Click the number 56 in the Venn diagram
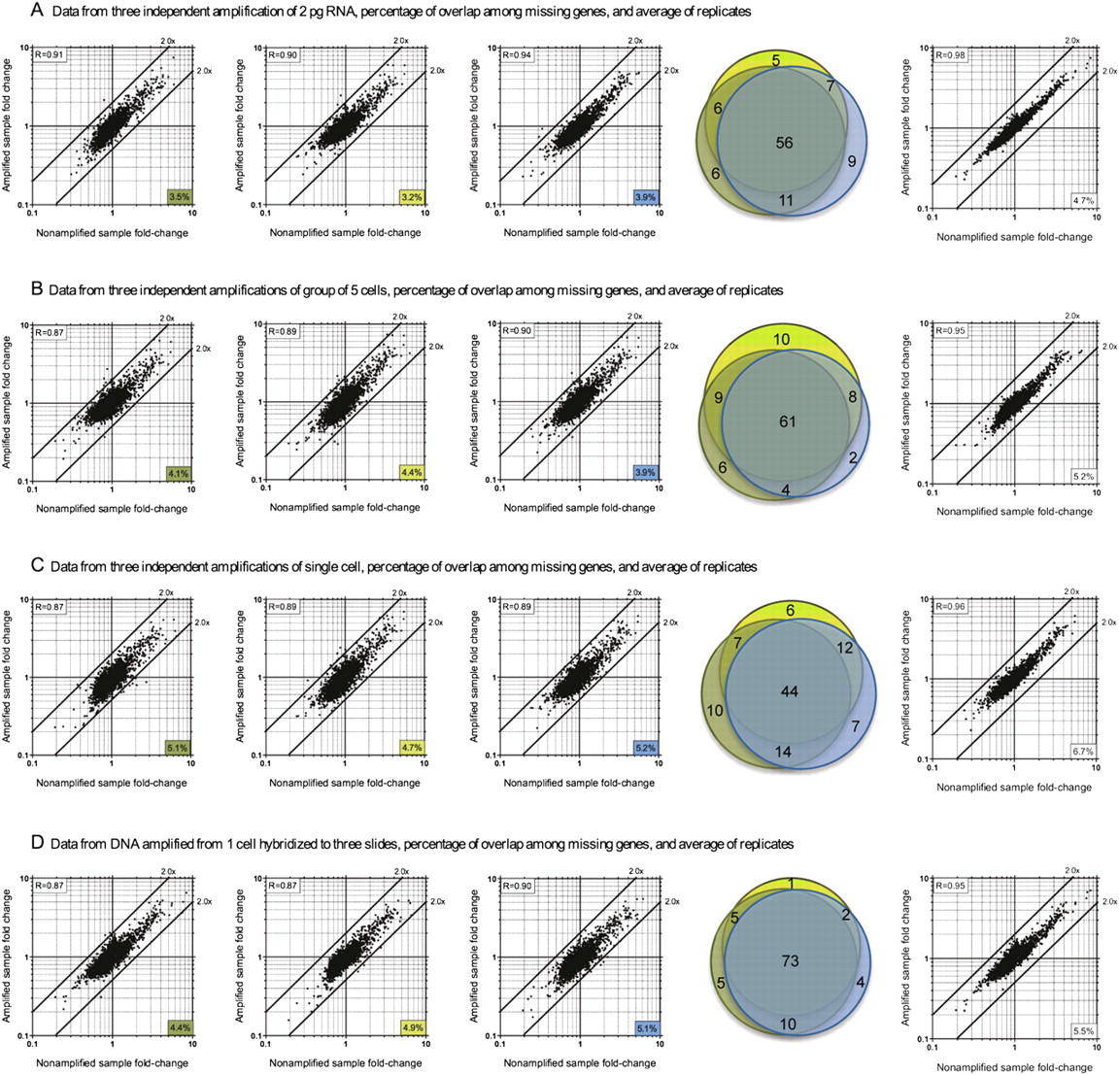[x=784, y=143]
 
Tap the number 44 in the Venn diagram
[x=789, y=691]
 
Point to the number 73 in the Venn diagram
[x=790, y=960]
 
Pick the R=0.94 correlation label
[x=517, y=55]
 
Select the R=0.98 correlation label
[x=951, y=55]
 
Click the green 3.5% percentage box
[x=180, y=196]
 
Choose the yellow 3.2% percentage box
[x=412, y=196]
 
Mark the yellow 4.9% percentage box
[x=412, y=1026]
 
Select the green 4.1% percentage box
[x=180, y=473]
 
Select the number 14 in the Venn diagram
[x=782, y=751]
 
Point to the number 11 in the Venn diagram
[x=787, y=200]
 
